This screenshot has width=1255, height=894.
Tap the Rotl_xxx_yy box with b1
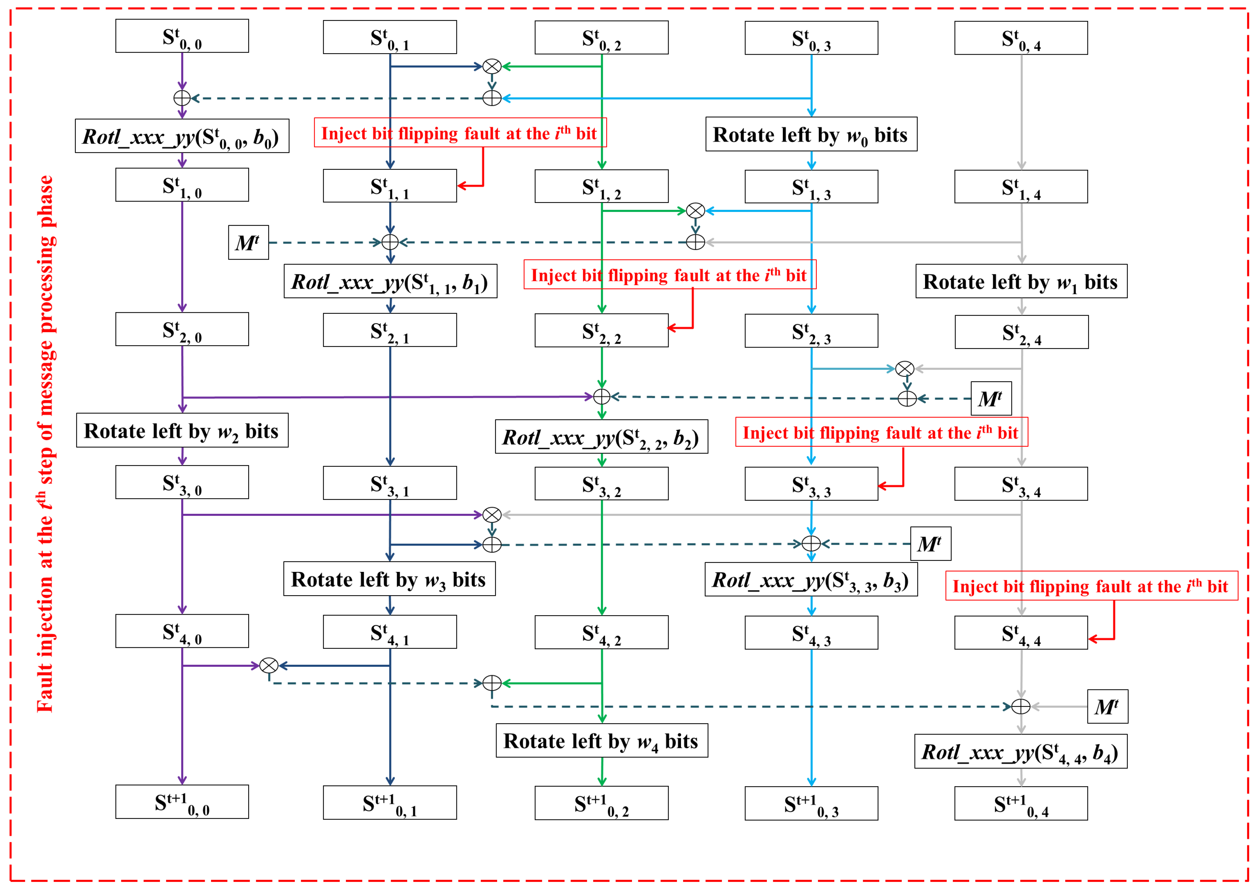pyautogui.click(x=390, y=281)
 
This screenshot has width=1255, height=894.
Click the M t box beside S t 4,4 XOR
pyautogui.click(x=1107, y=706)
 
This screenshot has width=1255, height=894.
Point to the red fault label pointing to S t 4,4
pyautogui.click(x=1091, y=586)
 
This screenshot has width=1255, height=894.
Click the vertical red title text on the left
pyautogui.click(x=45, y=443)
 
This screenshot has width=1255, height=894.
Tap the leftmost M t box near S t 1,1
pyautogui.click(x=248, y=242)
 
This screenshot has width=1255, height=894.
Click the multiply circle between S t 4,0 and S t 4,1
pyautogui.click(x=268, y=665)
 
